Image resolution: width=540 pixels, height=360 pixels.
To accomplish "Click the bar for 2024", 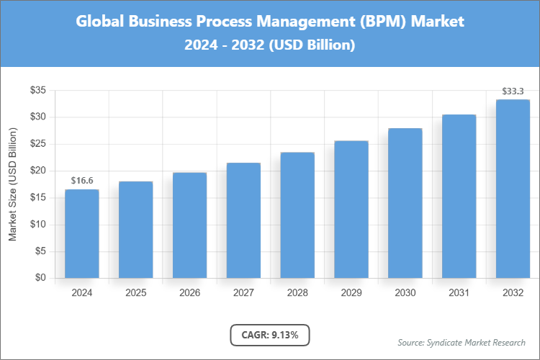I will [x=81, y=234].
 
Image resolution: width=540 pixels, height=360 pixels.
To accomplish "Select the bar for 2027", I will [x=243, y=220].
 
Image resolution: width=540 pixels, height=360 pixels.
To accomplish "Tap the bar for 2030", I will [x=405, y=203].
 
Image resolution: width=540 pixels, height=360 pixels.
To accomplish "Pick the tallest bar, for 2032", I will [x=513, y=189].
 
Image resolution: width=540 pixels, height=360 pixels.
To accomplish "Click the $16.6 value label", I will [x=81, y=180].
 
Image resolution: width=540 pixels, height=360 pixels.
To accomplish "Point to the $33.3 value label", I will [x=513, y=91].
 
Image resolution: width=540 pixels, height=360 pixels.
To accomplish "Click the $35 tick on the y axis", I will [x=38, y=90].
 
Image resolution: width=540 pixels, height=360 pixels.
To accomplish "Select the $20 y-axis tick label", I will [x=38, y=171].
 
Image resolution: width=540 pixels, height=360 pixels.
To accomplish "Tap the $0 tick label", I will [x=41, y=278].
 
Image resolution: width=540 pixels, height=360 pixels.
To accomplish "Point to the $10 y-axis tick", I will [x=38, y=225].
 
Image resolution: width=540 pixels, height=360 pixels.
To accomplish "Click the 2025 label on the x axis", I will [x=135, y=293].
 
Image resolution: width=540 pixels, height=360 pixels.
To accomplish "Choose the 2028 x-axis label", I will [x=297, y=293].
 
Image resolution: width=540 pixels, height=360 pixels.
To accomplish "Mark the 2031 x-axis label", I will [x=459, y=293].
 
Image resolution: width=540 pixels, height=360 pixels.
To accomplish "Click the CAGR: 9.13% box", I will [x=269, y=335].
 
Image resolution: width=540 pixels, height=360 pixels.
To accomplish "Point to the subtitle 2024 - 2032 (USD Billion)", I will [x=269, y=45].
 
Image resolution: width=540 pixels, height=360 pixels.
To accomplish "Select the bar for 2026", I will [x=189, y=225].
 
